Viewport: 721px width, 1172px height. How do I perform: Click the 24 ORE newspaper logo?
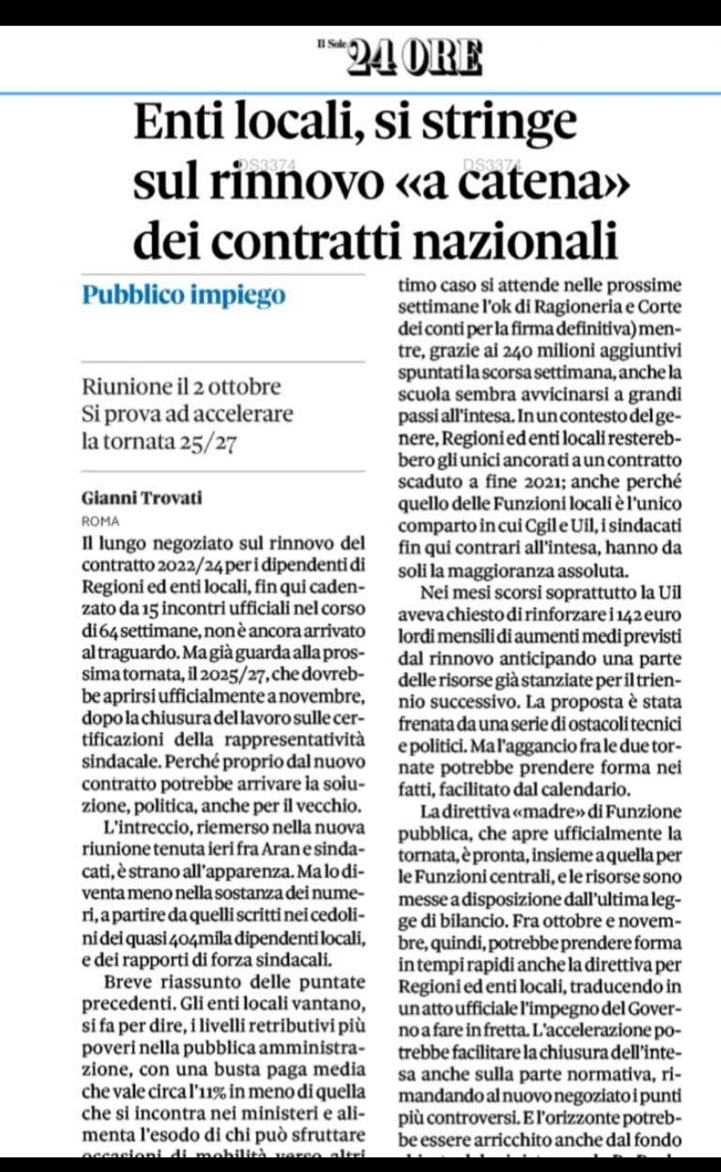pos(414,57)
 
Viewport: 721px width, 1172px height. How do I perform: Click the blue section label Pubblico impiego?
pos(184,295)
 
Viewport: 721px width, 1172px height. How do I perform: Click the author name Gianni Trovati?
pos(142,498)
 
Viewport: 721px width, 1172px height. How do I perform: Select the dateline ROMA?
pos(100,521)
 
